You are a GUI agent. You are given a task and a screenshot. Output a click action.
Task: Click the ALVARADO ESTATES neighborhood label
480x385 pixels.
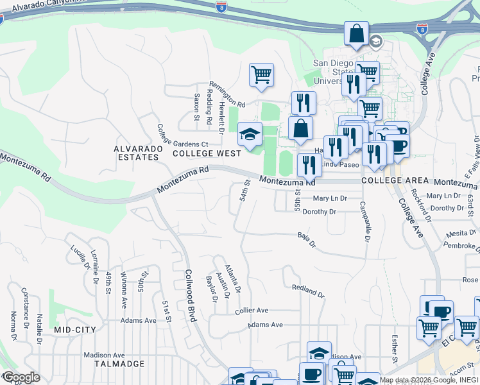[136, 153]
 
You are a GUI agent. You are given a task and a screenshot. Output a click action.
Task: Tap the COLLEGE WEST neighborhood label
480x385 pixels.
[207, 153]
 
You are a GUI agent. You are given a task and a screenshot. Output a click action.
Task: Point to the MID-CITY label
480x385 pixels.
[75, 330]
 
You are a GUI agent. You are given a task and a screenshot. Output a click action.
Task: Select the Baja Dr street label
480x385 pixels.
[307, 240]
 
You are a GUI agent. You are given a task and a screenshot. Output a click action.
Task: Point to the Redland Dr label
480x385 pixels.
[308, 291]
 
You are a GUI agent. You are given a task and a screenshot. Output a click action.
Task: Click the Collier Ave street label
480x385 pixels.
[252, 310]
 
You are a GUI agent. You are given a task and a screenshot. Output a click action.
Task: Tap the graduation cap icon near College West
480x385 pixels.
[250, 133]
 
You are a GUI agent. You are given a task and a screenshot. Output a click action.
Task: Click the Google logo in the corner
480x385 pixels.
[21, 377]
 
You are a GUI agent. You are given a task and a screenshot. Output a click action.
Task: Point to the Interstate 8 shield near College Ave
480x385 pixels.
[422, 30]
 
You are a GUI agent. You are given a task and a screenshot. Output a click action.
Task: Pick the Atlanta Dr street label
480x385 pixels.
[233, 274]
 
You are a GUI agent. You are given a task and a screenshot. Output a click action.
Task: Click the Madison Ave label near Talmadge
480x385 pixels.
[104, 355]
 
